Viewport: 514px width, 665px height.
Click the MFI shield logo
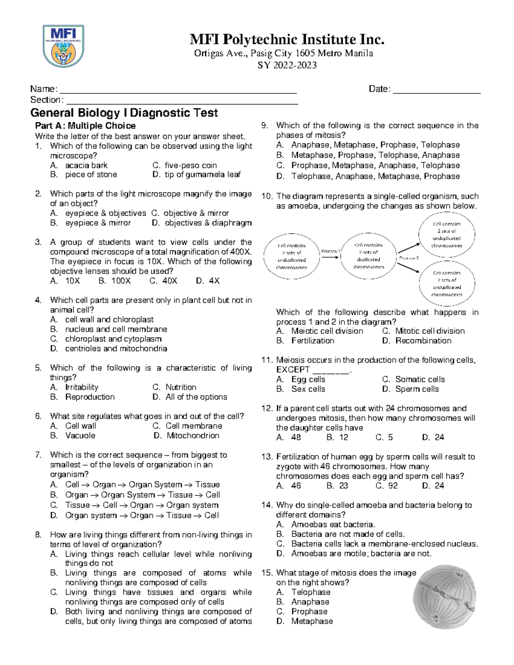coord(63,46)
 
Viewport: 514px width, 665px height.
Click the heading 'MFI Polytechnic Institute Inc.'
coord(287,40)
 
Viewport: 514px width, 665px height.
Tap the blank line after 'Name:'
coord(178,90)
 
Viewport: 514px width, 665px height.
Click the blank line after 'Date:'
coord(436,90)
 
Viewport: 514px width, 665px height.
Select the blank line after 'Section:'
coord(182,101)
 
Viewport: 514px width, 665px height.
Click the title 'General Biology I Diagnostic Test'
coord(124,113)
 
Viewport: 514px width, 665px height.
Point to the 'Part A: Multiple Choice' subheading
coord(85,126)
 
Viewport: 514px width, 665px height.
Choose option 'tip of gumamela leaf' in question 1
coord(202,175)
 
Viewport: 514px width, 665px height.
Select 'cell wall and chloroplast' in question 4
coord(109,319)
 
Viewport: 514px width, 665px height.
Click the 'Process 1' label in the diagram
coord(331,251)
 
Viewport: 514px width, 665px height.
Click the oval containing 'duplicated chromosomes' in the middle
coord(368,256)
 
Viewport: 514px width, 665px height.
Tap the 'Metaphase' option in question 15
coord(312,621)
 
